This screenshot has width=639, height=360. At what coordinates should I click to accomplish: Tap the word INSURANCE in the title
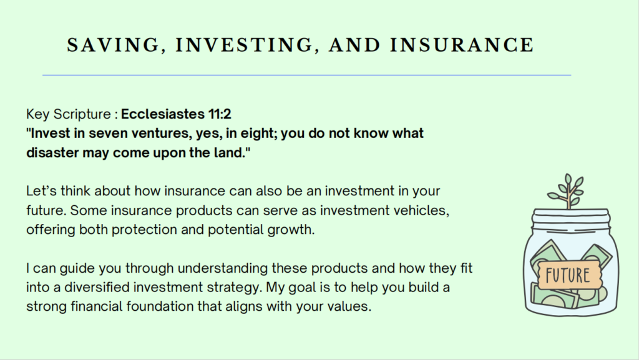click(x=462, y=45)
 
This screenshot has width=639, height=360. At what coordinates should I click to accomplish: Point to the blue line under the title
click(x=306, y=75)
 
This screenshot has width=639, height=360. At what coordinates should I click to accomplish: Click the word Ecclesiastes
click(x=163, y=114)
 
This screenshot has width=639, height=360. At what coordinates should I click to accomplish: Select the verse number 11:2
click(x=220, y=114)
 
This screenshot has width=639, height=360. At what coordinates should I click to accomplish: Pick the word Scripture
click(x=82, y=114)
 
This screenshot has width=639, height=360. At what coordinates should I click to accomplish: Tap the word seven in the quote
click(x=107, y=134)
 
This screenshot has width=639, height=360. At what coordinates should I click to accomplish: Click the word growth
click(x=291, y=230)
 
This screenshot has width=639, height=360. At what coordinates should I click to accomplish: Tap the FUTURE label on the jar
click(x=568, y=275)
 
